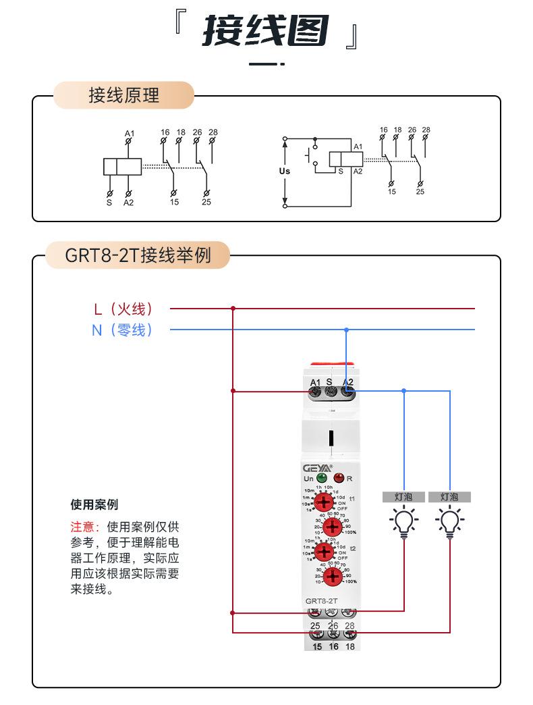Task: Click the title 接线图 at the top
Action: coord(266,32)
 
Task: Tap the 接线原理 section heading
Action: coord(124,95)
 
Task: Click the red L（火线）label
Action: coord(123,309)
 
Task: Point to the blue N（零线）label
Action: coord(123,330)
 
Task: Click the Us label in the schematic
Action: coord(284,171)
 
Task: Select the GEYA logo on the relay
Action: coord(316,467)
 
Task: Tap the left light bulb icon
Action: coord(404,521)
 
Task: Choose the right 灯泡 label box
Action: coord(449,497)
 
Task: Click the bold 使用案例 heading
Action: coord(94,504)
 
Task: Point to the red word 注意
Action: coord(84,527)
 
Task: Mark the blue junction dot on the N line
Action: coord(346,330)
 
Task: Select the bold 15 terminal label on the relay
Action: coord(316,646)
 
